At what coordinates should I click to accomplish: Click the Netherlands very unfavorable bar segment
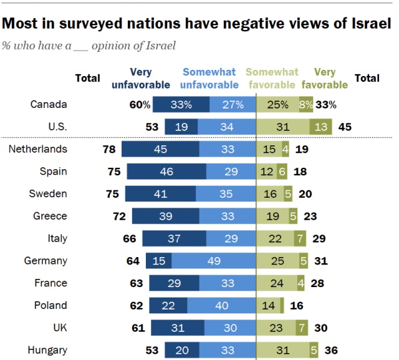click(160, 149)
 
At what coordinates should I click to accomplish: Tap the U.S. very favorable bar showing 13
click(321, 127)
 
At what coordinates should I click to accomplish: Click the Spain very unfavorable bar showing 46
click(166, 172)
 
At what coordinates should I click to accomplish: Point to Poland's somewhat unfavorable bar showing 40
click(221, 306)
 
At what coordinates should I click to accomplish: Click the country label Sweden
click(49, 194)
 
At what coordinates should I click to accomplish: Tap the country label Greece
click(50, 216)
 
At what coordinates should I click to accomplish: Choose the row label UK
click(59, 328)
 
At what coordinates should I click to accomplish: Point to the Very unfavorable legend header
click(141, 78)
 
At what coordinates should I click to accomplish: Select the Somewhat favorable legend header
click(272, 78)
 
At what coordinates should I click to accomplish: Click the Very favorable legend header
click(325, 78)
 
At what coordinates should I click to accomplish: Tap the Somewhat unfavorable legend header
click(210, 78)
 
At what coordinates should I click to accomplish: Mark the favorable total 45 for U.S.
click(345, 127)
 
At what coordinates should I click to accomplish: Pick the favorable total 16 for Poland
click(296, 306)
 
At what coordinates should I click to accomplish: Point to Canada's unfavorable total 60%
click(140, 105)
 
